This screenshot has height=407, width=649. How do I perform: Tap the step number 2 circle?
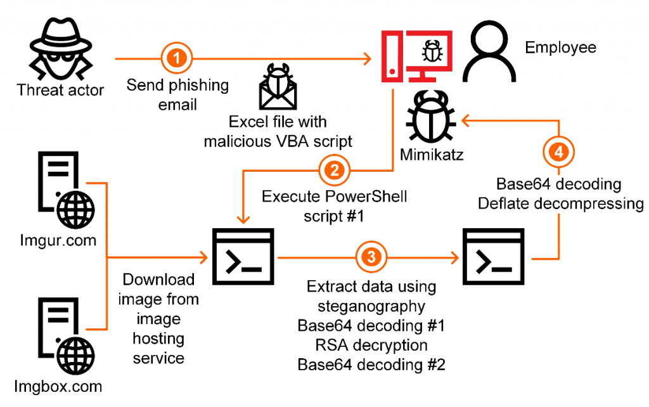tap(333, 169)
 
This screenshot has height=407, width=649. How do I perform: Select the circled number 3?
tap(371, 256)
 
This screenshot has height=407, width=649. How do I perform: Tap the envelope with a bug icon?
tap(278, 93)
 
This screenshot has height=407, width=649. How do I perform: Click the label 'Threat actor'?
tap(60, 89)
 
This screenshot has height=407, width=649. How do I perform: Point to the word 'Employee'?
tap(561, 48)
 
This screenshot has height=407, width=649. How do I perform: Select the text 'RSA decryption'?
tap(371, 346)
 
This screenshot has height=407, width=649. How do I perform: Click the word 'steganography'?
tap(371, 306)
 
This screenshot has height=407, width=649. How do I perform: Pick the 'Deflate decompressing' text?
tap(561, 203)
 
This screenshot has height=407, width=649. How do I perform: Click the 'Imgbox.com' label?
tap(60, 385)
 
